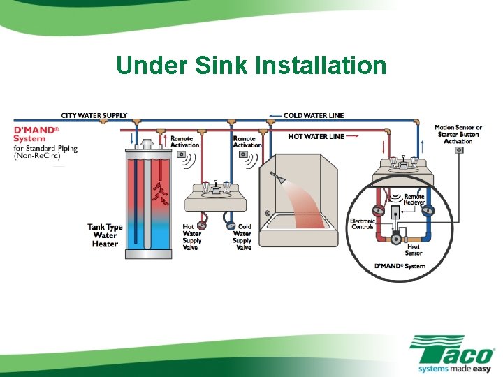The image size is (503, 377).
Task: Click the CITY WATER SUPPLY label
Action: (94, 115)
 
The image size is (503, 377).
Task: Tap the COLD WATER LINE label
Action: (314, 115)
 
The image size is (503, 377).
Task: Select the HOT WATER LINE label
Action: (316, 136)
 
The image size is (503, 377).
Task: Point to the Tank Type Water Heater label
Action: (105, 235)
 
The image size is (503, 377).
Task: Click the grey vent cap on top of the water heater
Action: (147, 144)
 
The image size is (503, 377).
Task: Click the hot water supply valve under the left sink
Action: (203, 225)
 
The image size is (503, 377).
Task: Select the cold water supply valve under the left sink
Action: (230, 225)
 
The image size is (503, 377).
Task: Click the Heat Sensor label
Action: (414, 250)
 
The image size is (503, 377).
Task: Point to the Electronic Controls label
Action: (363, 224)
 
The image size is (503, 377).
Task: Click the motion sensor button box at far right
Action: (460, 150)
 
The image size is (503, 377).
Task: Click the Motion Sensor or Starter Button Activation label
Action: (458, 134)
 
